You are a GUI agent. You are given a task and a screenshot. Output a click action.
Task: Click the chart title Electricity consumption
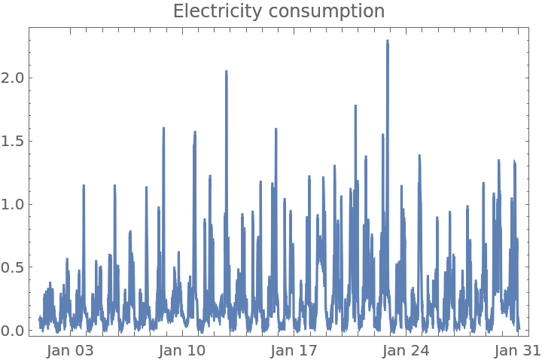pyautogui.click(x=279, y=11)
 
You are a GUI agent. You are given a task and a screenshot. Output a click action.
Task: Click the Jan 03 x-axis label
pyautogui.click(x=70, y=350)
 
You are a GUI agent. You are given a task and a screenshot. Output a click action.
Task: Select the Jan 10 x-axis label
pyautogui.click(x=182, y=350)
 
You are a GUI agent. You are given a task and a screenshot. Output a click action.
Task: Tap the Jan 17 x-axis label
pyautogui.click(x=294, y=350)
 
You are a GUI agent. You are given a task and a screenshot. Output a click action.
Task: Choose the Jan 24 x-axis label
pyautogui.click(x=406, y=350)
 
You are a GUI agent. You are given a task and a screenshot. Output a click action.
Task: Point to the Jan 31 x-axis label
pyautogui.click(x=517, y=350)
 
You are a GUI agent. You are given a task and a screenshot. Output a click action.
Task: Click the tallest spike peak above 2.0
pyautogui.click(x=388, y=41)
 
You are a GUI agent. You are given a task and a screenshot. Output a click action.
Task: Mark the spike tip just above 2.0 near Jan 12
pyautogui.click(x=227, y=72)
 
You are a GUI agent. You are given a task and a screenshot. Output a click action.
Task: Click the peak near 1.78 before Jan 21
pyautogui.click(x=355, y=106)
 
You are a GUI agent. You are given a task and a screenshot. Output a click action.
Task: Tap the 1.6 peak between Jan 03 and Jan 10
pyautogui.click(x=163, y=128)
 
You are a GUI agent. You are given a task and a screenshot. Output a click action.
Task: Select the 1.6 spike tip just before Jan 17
pyautogui.click(x=276, y=129)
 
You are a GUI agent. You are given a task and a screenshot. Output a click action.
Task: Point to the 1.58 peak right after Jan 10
pyautogui.click(x=195, y=132)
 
